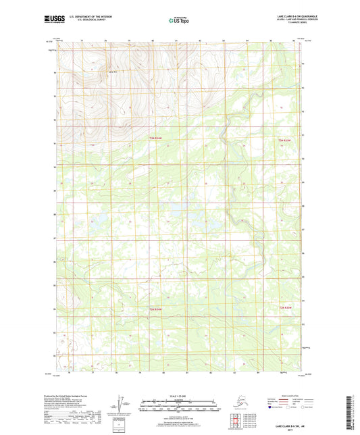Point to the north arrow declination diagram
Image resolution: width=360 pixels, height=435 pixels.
pyautogui.click(x=122, y=403)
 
